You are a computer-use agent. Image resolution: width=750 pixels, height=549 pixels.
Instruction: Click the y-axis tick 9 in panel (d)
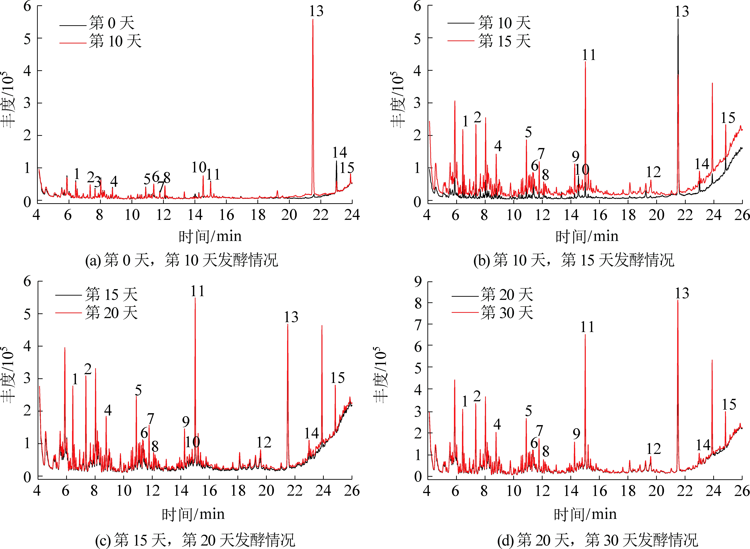point(418,282)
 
